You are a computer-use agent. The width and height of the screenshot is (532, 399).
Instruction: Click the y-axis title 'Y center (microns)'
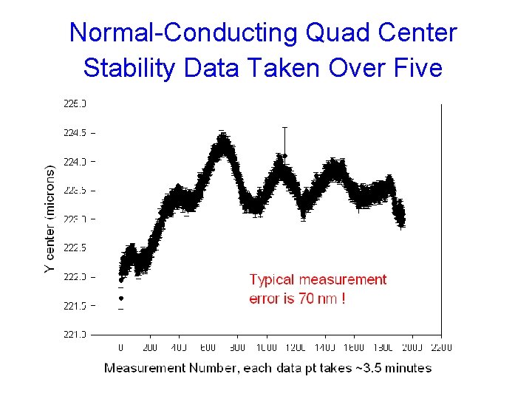pos(50,219)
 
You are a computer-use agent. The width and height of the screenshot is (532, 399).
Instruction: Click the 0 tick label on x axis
pos(121,347)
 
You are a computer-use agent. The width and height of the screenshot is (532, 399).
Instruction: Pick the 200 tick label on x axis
pos(150,347)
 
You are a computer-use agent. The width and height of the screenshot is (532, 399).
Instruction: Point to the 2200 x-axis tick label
pos(441,347)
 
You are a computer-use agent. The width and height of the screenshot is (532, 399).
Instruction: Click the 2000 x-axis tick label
pos(412,347)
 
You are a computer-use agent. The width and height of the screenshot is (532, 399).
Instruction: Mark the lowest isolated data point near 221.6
pos(121,299)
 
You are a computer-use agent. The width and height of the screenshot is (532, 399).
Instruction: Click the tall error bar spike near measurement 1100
pos(284,140)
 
